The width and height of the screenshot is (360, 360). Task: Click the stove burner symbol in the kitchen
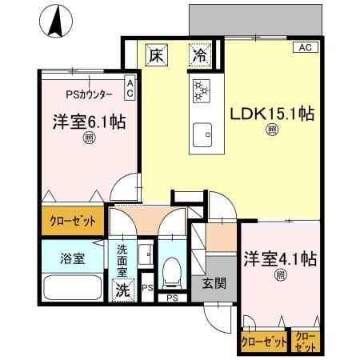click(x=199, y=91)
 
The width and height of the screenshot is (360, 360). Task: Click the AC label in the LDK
click(x=304, y=48)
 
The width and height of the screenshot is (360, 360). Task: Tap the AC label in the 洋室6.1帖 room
click(x=130, y=87)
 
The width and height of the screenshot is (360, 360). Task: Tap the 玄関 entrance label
click(x=213, y=282)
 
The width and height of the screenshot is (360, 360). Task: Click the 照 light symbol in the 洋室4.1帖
click(x=280, y=275)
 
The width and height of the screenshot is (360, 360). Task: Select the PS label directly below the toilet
click(x=172, y=298)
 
